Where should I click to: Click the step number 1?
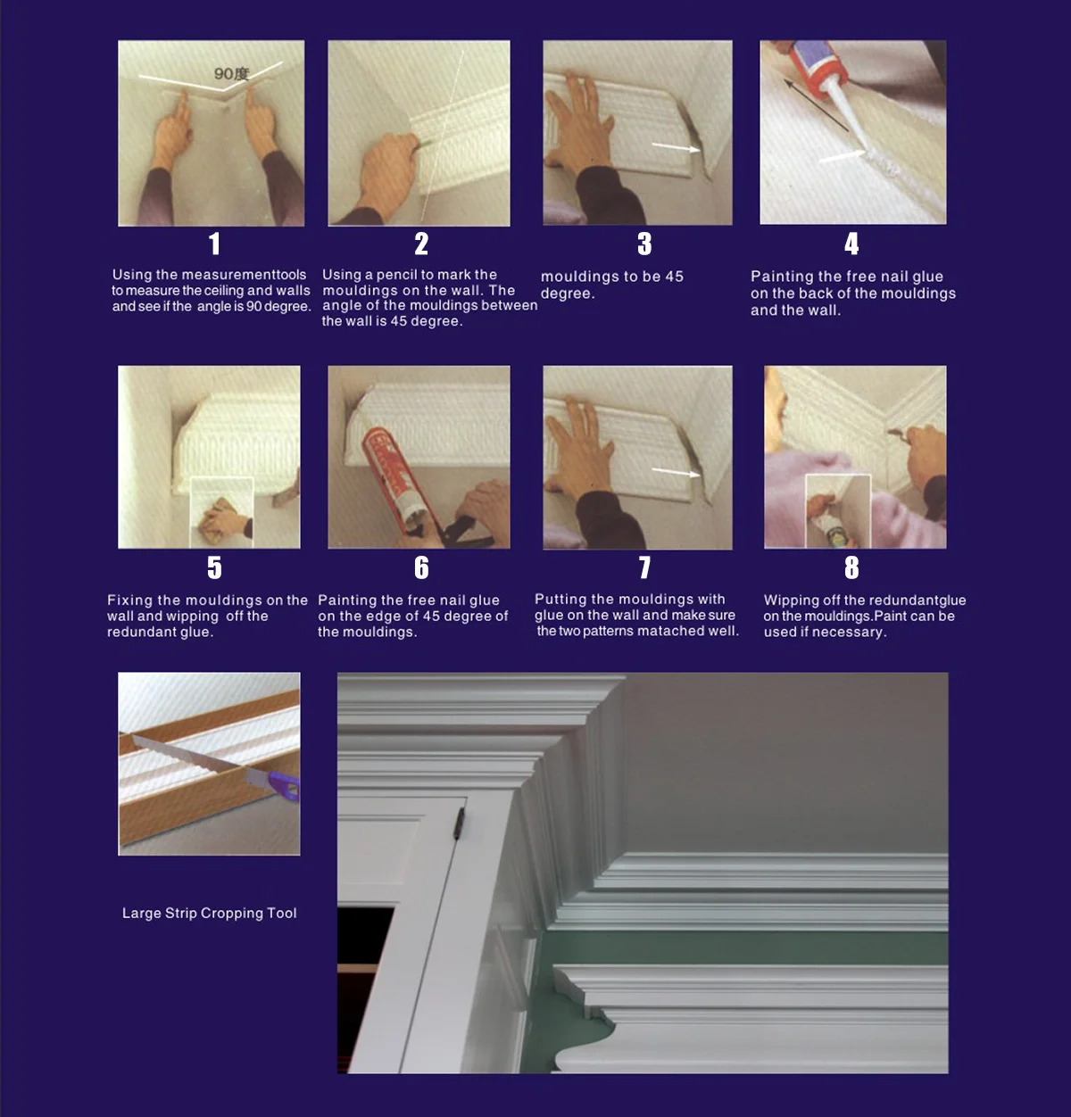(214, 244)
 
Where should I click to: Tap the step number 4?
(851, 244)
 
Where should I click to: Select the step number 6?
(421, 567)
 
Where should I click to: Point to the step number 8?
(851, 567)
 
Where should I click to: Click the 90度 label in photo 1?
(231, 73)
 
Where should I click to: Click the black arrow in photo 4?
(816, 105)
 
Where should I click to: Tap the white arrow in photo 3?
(676, 147)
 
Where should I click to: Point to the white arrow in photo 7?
(676, 472)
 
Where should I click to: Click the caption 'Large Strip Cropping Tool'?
(209, 913)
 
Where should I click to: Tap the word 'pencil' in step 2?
(395, 275)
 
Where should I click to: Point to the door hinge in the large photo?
(460, 823)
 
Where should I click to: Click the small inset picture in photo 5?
(221, 512)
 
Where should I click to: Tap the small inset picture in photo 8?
(838, 511)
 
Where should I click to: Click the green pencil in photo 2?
(424, 143)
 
